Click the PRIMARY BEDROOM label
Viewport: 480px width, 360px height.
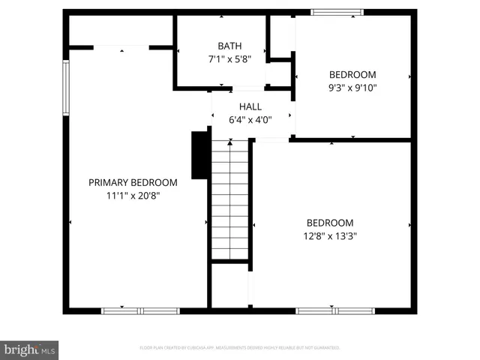pos(133,182)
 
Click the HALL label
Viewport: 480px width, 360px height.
pos(250,106)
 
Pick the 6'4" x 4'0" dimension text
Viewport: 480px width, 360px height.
pos(250,119)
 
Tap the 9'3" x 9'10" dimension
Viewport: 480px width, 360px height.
pos(352,87)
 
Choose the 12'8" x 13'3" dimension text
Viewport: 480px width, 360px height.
pos(330,235)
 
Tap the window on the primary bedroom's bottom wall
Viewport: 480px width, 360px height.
pos(140,310)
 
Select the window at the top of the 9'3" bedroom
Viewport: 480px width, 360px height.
pos(337,12)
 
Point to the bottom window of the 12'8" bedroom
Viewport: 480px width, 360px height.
pos(334,310)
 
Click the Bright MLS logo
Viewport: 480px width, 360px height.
pos(29,349)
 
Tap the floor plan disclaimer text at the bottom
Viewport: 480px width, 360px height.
pos(240,348)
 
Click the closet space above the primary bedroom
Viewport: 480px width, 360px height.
pos(121,30)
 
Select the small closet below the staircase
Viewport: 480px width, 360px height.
pos(229,285)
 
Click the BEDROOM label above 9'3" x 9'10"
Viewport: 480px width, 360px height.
pos(352,74)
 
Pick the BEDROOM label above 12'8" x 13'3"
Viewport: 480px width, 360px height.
pos(330,223)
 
